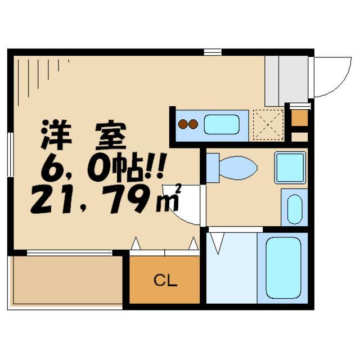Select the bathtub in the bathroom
[x=282, y=268]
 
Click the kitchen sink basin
[x=222, y=124]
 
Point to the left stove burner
[x=183, y=124]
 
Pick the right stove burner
[x=193, y=124]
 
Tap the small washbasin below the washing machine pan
[x=294, y=209]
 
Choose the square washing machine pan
[x=290, y=168]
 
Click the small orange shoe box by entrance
[x=300, y=118]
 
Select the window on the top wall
[x=213, y=52]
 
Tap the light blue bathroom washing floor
[x=231, y=268]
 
